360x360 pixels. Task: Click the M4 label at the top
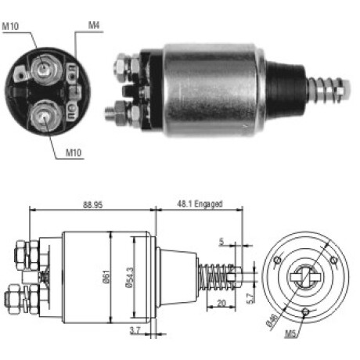point(94,25)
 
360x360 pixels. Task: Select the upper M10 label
point(10,26)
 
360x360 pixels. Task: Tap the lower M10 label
point(74,153)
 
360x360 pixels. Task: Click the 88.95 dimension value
point(93,205)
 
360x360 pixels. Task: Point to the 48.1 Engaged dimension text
point(200,203)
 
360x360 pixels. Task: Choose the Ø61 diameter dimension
point(107,277)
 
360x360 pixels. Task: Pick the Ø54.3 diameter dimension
point(130,277)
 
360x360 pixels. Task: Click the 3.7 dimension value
point(135,330)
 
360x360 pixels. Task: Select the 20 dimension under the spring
point(221,303)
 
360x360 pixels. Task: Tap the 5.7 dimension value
point(250,299)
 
